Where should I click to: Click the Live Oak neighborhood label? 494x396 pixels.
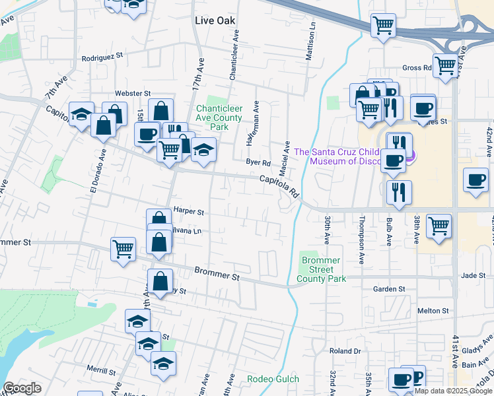pos(215,20)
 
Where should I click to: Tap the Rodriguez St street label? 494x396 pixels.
pos(102,58)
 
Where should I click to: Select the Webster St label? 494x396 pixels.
pos(133,94)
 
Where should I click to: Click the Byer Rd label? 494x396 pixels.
pos(258,162)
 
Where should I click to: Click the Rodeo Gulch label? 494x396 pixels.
pos(273,379)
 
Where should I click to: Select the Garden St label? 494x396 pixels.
pos(388,289)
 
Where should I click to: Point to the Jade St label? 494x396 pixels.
pos(474,275)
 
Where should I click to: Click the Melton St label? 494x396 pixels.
pos(433,310)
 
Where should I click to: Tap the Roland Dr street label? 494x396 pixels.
pos(345,351)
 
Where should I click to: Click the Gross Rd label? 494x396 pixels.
pos(417,68)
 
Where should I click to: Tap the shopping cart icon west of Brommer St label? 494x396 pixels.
pos(123,249)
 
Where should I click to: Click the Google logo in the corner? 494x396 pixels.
pos(22,388)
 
